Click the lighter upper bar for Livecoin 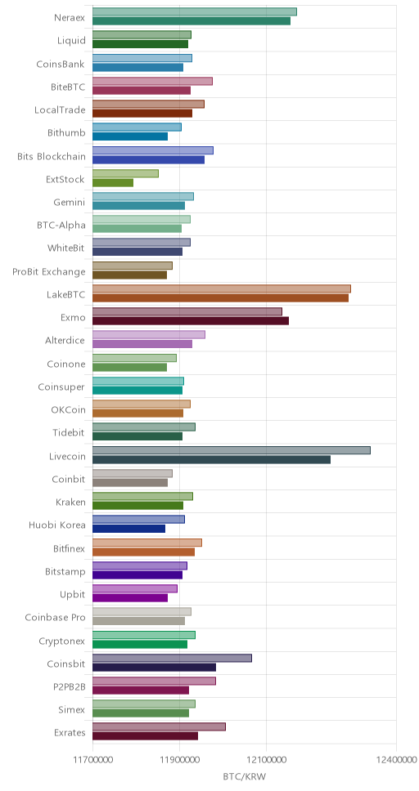tap(232, 450)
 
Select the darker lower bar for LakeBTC tap(220, 297)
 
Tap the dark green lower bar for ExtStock tap(113, 182)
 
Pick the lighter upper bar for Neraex tap(195, 11)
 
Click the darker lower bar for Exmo tap(191, 321)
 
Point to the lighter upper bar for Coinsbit tap(173, 658)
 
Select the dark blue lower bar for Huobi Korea tap(128, 529)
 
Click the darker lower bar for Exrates tap(146, 736)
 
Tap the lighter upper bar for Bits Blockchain tap(153, 150)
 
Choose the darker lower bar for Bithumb tap(130, 136)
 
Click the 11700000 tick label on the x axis tap(92, 760)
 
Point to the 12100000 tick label tap(266, 760)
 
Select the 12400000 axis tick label tap(396, 760)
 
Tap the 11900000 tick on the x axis tap(179, 760)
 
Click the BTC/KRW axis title tap(245, 776)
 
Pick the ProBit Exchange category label tap(49, 272)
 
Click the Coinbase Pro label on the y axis tap(55, 618)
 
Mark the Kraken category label tap(70, 503)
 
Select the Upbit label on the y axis tap(73, 594)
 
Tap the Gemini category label tap(70, 203)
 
